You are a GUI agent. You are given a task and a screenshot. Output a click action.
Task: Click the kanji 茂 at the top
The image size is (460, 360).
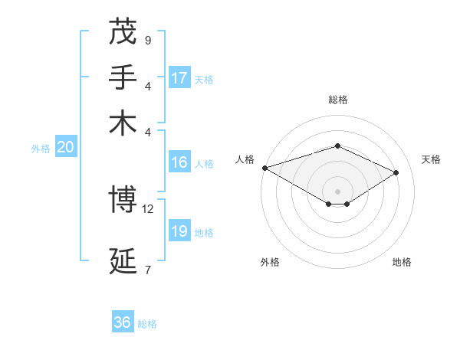tap(123, 31)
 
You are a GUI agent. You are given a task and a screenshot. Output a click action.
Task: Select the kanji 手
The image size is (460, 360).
tap(123, 76)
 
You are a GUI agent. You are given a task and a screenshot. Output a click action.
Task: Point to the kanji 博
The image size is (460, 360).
tap(123, 199)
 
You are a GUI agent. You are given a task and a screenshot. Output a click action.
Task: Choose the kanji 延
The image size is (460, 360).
tap(123, 260)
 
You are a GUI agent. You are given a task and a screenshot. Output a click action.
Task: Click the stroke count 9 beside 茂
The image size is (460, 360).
tap(147, 40)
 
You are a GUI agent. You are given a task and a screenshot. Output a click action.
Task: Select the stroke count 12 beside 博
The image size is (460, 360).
tap(148, 208)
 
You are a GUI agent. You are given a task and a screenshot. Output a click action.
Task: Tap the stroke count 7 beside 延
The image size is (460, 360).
tap(147, 269)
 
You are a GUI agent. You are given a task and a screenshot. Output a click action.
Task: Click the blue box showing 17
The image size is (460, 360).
tap(179, 77)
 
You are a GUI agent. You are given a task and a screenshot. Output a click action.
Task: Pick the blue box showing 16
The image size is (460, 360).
tap(179, 162)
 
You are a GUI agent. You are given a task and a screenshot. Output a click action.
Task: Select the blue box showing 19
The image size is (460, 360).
tap(179, 231)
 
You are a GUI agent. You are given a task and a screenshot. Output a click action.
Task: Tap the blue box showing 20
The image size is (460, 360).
tap(65, 148)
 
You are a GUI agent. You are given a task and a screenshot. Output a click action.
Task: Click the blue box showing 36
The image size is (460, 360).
tap(123, 322)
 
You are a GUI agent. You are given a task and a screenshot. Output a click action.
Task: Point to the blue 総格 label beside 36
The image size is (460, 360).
tap(147, 324)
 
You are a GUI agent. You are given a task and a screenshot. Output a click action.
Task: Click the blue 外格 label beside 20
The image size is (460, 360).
tap(41, 149)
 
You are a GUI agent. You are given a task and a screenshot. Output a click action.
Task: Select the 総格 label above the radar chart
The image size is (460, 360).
tap(337, 100)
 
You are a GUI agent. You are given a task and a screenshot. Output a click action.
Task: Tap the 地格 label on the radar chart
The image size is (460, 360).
tap(402, 262)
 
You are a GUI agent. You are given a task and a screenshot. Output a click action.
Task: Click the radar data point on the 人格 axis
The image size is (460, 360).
tap(264, 167)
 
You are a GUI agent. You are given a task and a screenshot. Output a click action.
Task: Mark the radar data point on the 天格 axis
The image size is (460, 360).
tap(396, 172)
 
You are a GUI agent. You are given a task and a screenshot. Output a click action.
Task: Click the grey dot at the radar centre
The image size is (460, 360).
tap(337, 191)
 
